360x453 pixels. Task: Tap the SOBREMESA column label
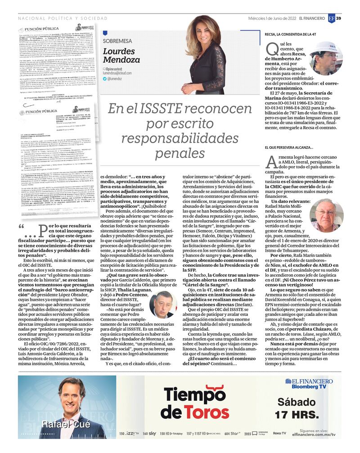pyautogui.click(x=117, y=41)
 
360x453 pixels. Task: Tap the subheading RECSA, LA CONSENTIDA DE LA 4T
pyautogui.click(x=295, y=34)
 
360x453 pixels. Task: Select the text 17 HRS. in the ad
pyautogui.click(x=297, y=414)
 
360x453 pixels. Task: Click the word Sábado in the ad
pyautogui.click(x=297, y=402)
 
